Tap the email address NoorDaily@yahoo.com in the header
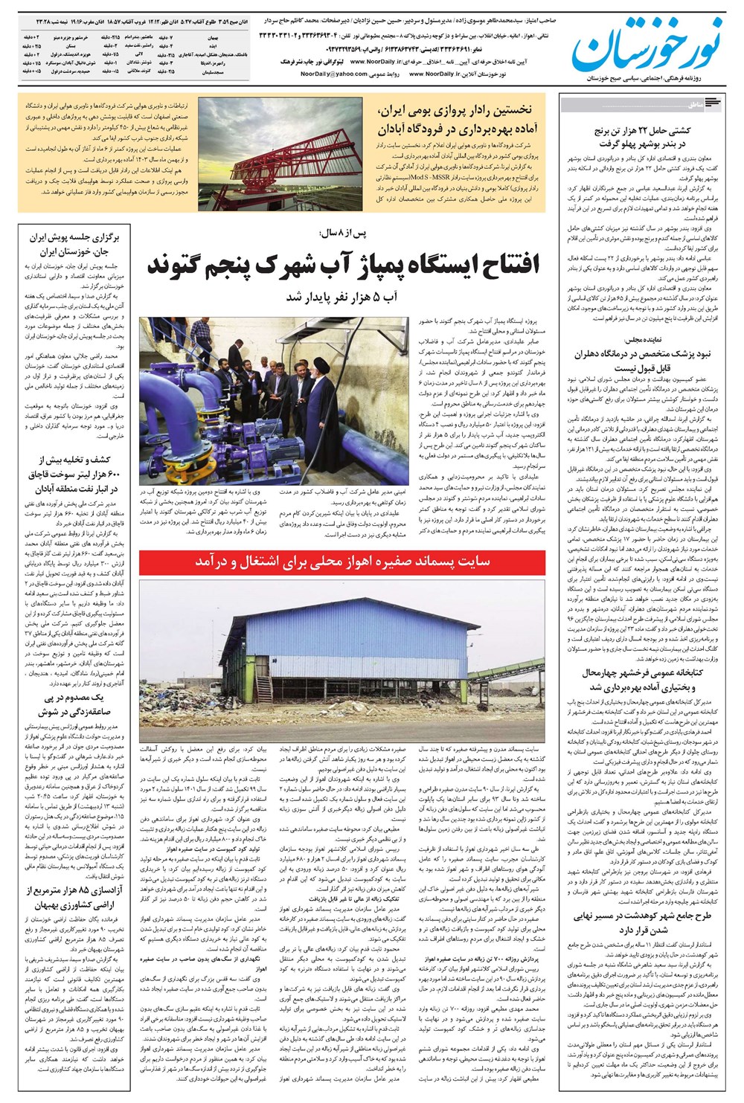pos(336,74)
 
